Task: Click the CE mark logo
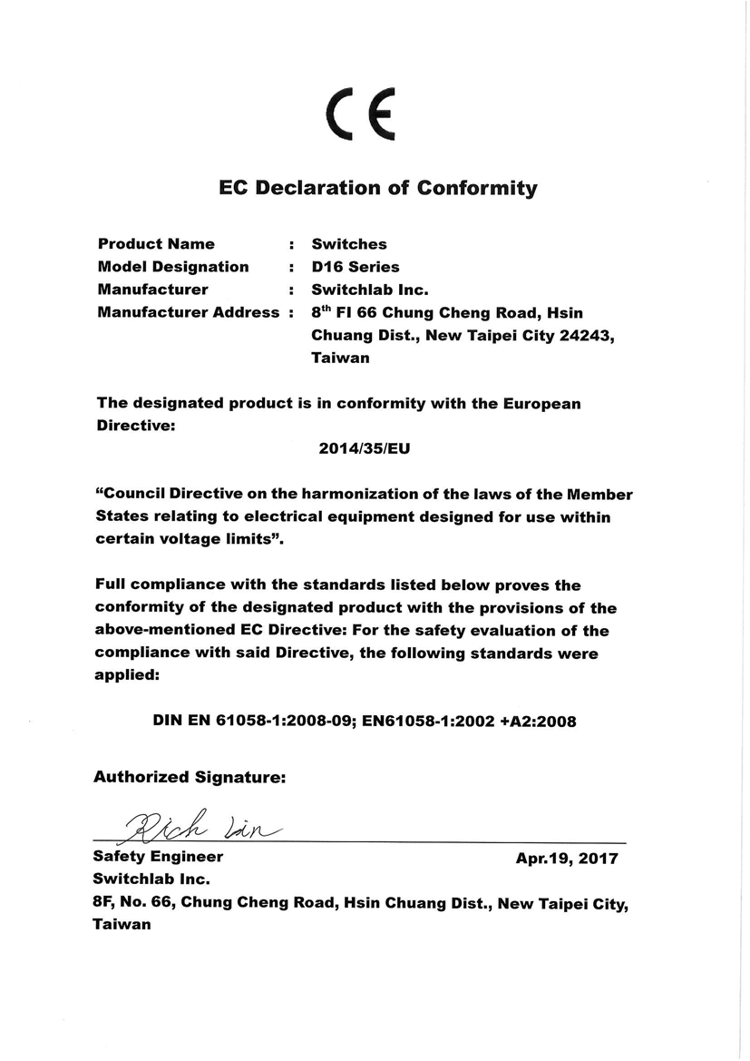tap(361, 116)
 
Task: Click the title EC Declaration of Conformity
tap(378, 189)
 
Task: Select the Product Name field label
tap(156, 244)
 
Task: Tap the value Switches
tap(349, 244)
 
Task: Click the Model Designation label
tap(172, 267)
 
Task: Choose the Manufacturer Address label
tap(189, 313)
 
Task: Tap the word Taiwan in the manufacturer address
tap(340, 359)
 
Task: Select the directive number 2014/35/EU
tap(359, 449)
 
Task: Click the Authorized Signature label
tap(190, 777)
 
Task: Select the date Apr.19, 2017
tap(567, 858)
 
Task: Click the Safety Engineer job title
tap(158, 857)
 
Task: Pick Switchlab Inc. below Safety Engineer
tap(151, 879)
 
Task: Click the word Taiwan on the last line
tap(122, 926)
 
